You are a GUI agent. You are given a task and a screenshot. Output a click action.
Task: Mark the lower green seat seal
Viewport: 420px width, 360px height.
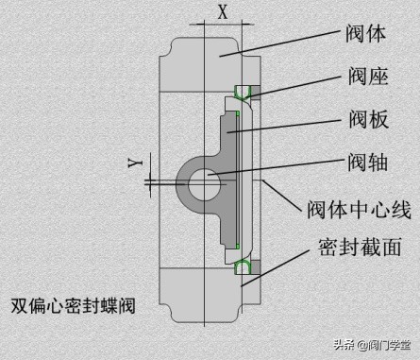click(x=243, y=267)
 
